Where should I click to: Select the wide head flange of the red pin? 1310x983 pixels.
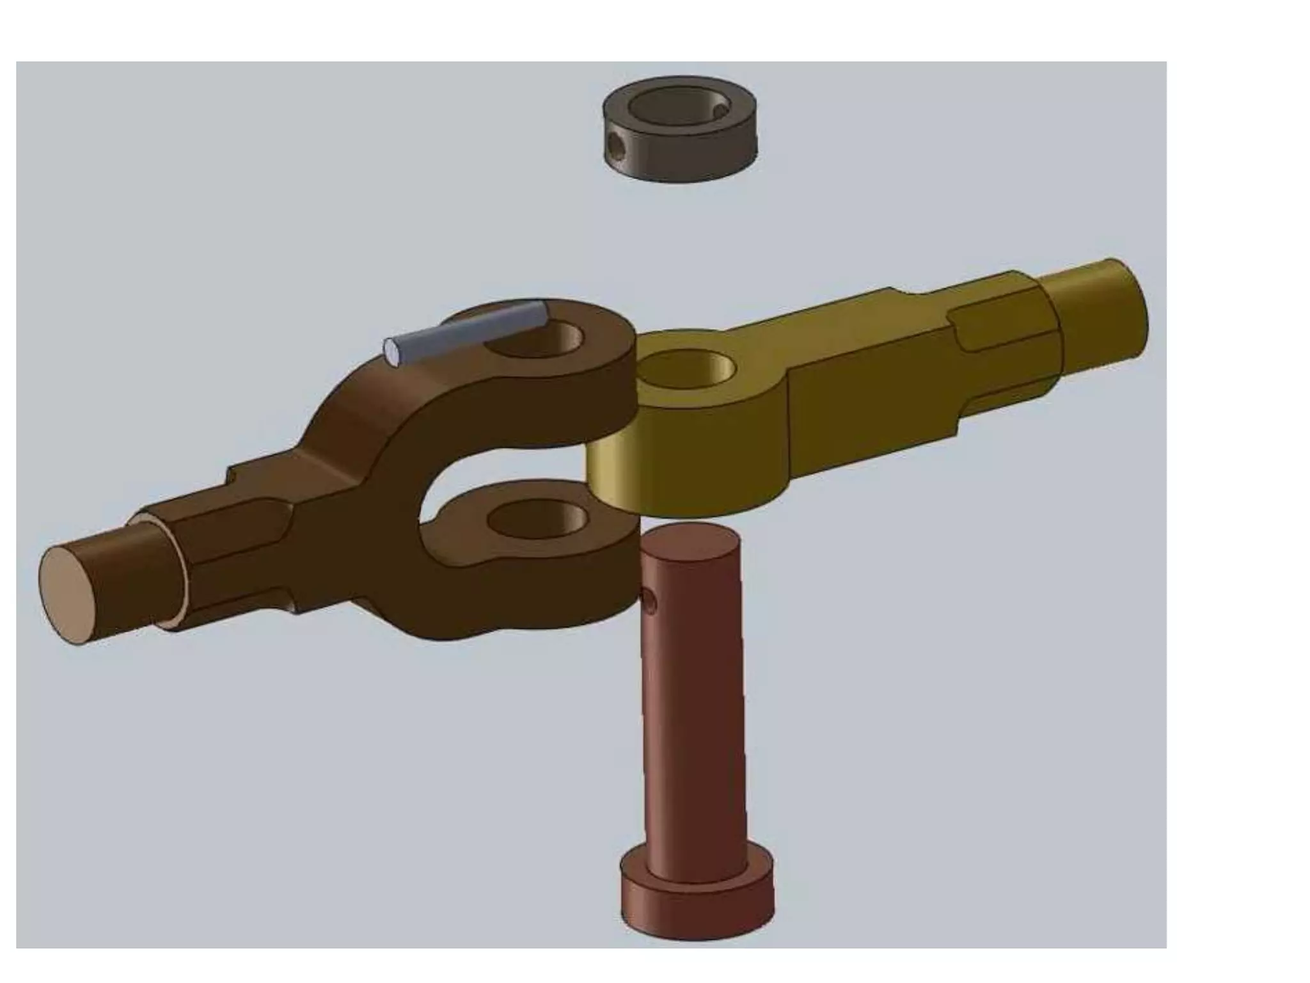click(697, 909)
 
